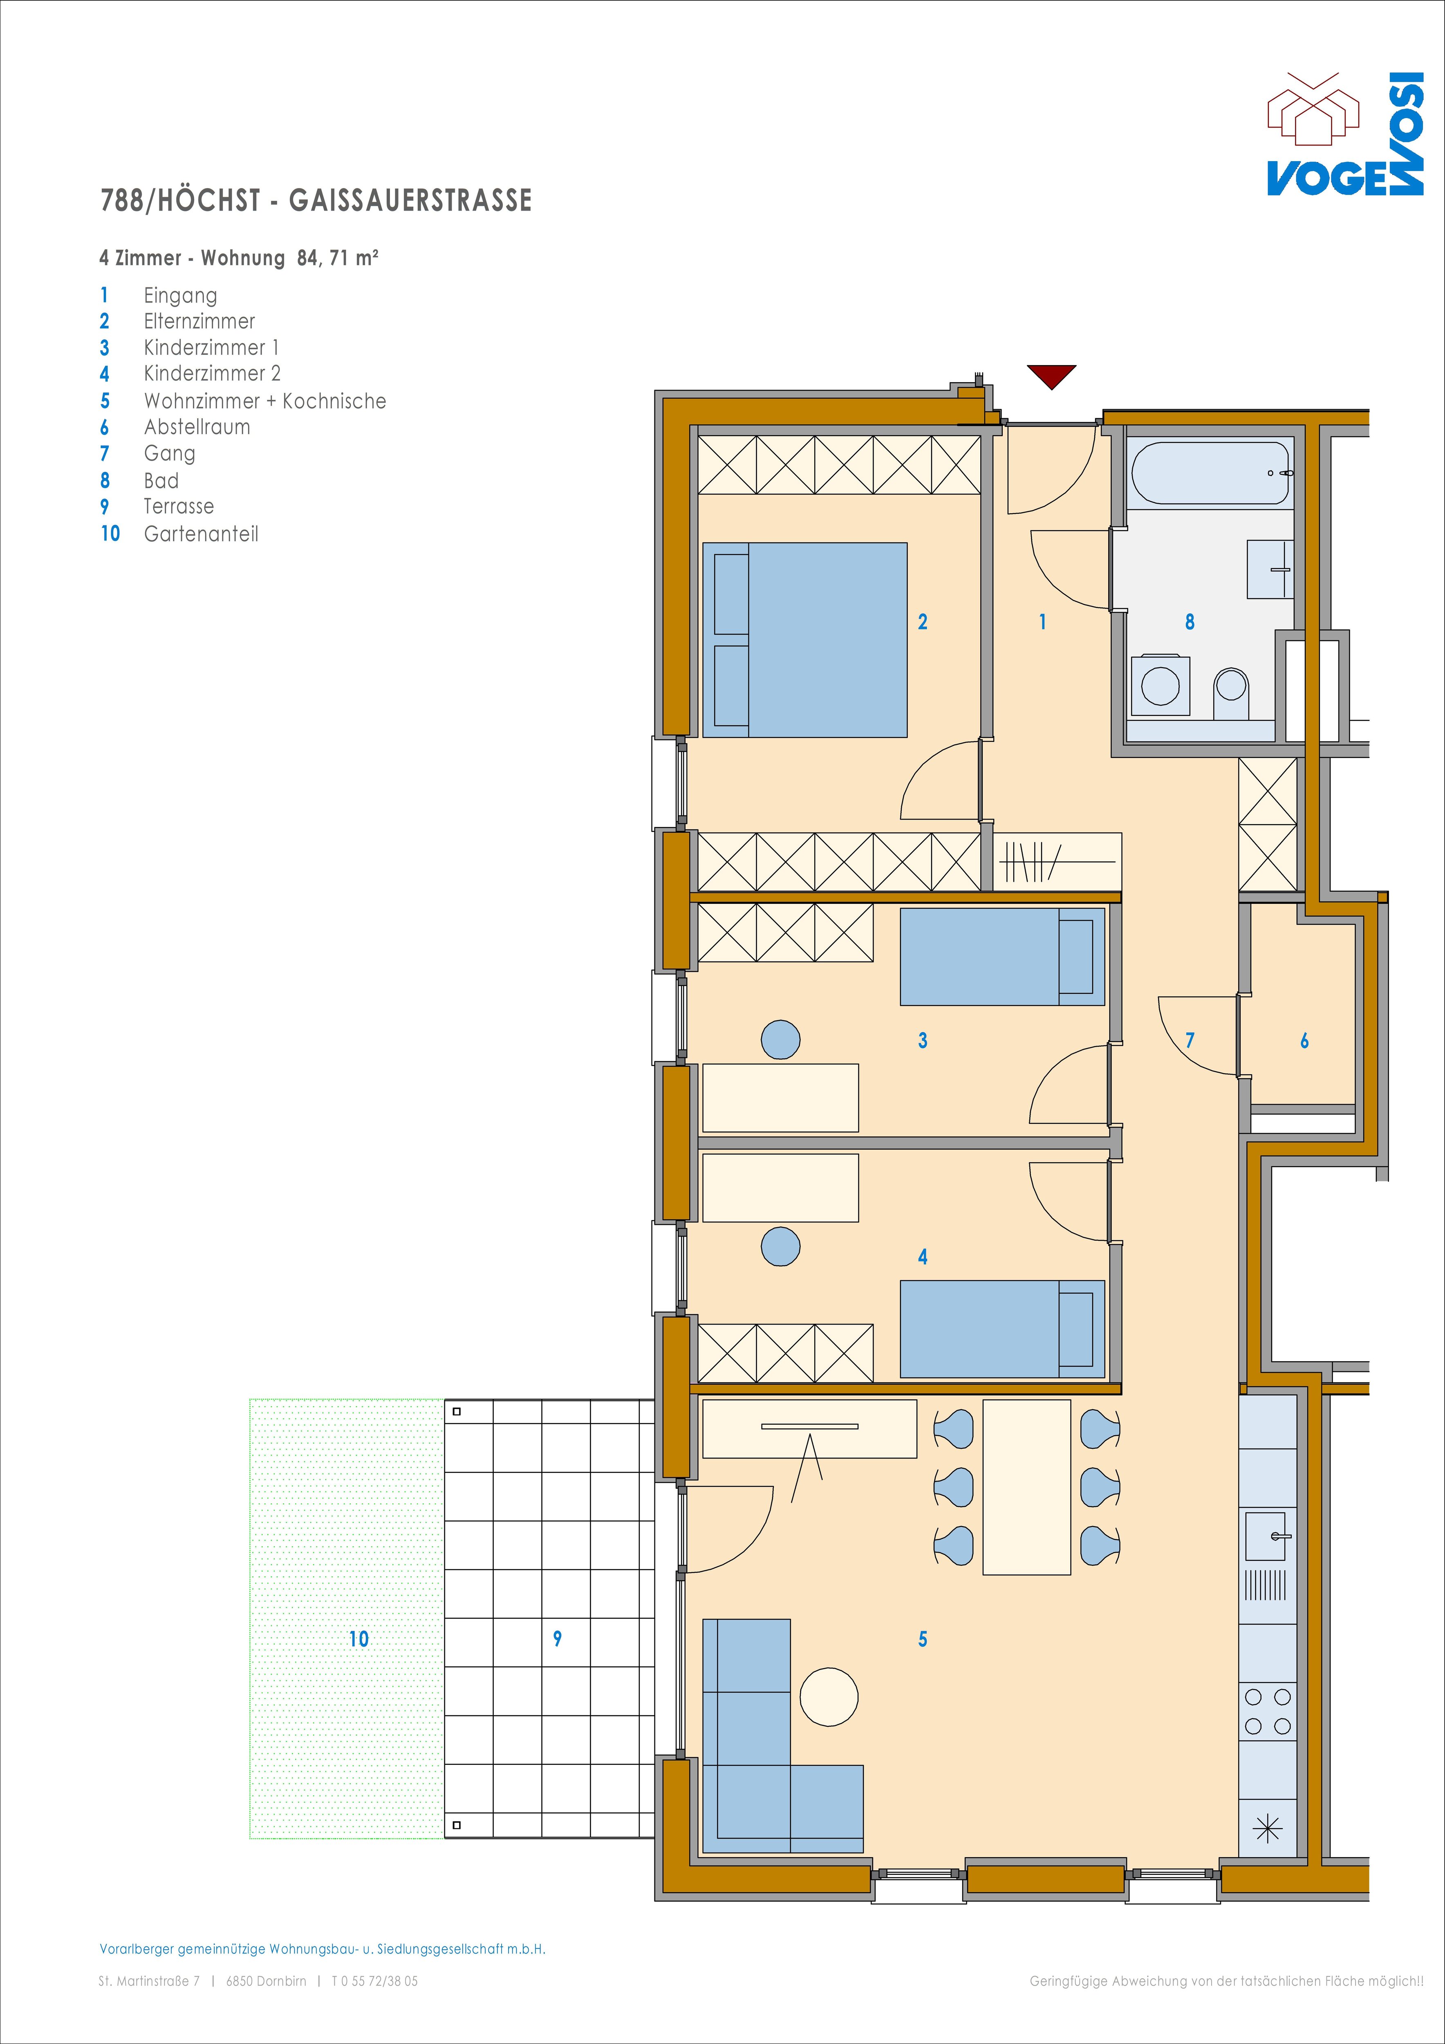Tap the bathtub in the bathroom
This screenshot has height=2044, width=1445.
coord(1211,473)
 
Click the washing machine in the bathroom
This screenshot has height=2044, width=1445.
coord(1160,686)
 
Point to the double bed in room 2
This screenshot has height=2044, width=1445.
coord(805,640)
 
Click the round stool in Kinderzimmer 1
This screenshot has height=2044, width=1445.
coord(781,1039)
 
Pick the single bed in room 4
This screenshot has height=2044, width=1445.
coord(1003,1329)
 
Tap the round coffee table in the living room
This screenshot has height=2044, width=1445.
coord(829,1697)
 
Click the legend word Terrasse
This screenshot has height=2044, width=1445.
coord(179,506)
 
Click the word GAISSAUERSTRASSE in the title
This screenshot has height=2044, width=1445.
coord(410,200)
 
